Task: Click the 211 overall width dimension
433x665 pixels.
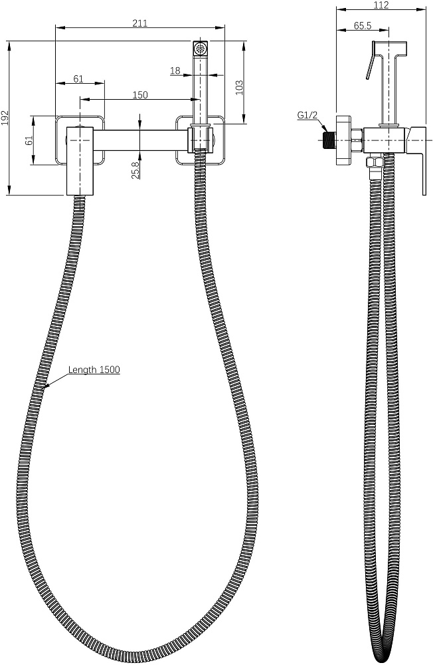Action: [x=139, y=23]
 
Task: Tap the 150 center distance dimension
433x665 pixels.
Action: [x=139, y=95]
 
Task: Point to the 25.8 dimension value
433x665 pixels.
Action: [x=135, y=170]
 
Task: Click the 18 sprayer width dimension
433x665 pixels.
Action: [x=175, y=70]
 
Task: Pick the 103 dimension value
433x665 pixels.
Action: [x=240, y=86]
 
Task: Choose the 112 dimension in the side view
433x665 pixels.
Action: [x=381, y=5]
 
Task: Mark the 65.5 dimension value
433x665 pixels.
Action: [x=362, y=25]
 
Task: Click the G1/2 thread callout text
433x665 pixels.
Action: [x=307, y=116]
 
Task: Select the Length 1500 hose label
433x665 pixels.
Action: [x=94, y=370]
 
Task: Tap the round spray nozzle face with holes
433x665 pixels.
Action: [x=200, y=47]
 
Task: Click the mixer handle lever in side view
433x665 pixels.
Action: [x=420, y=160]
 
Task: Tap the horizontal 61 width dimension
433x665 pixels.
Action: [x=78, y=78]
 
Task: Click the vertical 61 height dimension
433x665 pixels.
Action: [x=28, y=140]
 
